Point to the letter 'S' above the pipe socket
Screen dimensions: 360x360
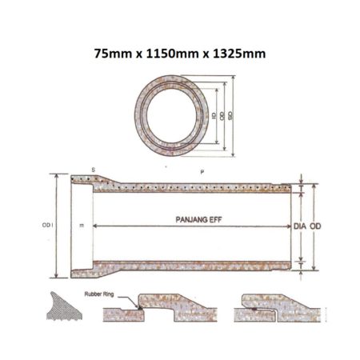93,170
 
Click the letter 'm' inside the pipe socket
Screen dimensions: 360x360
82,226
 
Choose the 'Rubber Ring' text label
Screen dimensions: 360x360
101,294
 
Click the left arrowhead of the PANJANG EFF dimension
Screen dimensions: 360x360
98,226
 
